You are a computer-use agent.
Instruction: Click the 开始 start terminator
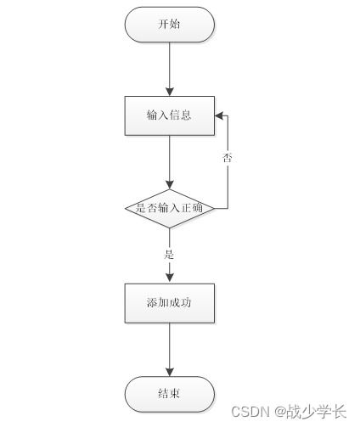tap(169, 25)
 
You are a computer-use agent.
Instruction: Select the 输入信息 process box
tap(169, 115)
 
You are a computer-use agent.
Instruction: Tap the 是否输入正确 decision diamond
tap(169, 206)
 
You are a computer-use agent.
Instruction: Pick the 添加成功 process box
tap(169, 302)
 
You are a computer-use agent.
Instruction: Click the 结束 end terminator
tap(169, 394)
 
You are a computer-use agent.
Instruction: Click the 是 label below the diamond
tap(169, 253)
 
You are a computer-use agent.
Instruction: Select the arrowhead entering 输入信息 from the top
tap(169, 91)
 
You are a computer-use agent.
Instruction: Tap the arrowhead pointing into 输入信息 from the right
tap(218, 115)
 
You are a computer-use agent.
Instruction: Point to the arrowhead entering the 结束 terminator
tap(169, 372)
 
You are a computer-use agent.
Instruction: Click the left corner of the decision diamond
tap(126, 206)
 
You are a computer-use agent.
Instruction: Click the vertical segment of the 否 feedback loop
tap(228, 183)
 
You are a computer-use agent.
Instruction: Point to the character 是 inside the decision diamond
tap(140, 206)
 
